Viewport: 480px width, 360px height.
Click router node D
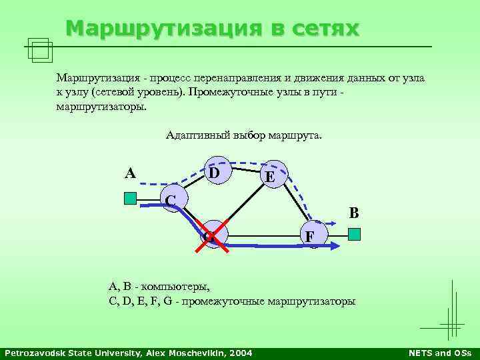pos(217,171)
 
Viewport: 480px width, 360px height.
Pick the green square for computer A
pos(130,198)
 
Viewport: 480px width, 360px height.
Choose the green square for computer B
pos(355,234)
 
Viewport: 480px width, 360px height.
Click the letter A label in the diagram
pos(131,173)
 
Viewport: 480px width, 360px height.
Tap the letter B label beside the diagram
pos(354,213)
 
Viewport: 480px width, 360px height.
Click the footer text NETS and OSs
pos(441,352)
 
